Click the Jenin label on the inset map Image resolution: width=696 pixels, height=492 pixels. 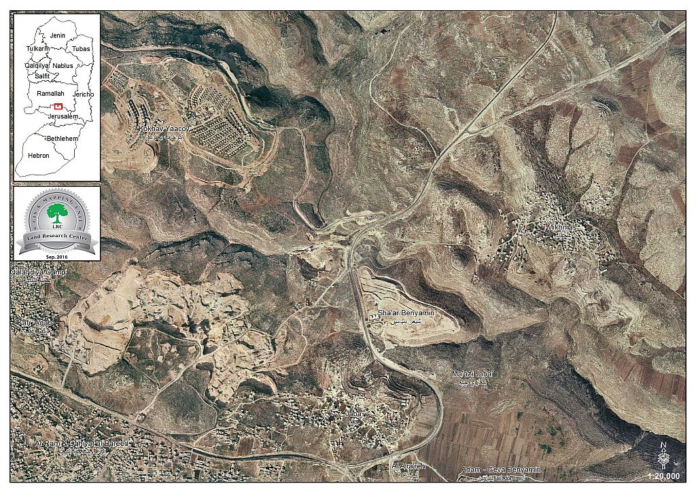click(x=57, y=34)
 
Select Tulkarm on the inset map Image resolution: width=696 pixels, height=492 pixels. click(x=38, y=49)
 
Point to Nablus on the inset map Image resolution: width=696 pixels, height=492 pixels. click(x=63, y=65)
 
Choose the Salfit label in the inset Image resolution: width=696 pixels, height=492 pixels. click(x=42, y=77)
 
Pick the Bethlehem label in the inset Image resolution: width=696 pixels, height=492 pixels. click(x=62, y=138)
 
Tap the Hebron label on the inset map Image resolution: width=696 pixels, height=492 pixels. click(x=38, y=156)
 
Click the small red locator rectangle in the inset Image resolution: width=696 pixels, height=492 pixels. click(x=58, y=106)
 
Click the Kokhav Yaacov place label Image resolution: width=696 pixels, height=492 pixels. click(x=162, y=128)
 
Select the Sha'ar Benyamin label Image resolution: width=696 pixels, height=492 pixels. click(x=406, y=315)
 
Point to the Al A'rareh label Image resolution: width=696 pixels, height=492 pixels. click(x=408, y=466)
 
